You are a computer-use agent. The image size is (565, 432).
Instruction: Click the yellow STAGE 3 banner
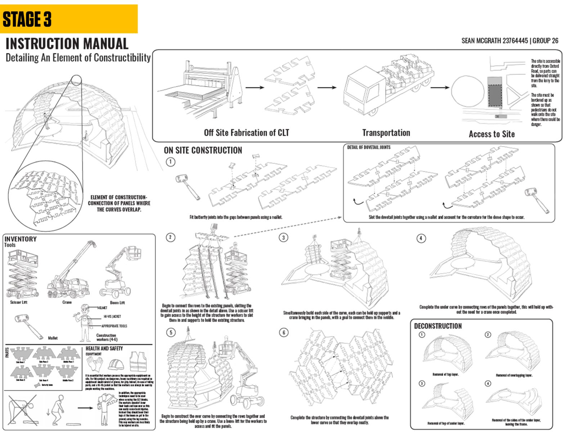click(x=68, y=19)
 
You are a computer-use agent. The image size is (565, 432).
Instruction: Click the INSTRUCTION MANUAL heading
click(x=67, y=44)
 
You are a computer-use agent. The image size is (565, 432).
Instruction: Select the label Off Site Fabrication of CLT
click(x=246, y=133)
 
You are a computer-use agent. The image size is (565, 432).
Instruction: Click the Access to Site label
click(x=492, y=134)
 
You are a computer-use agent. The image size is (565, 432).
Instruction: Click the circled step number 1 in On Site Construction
click(x=170, y=162)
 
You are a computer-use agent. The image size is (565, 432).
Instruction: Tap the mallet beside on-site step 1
click(x=188, y=186)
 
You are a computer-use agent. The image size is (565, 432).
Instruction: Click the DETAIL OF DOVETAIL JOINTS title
click(x=368, y=147)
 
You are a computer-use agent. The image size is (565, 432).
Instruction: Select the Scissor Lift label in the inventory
click(x=19, y=302)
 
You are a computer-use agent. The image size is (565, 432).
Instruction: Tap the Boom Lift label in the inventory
click(x=117, y=302)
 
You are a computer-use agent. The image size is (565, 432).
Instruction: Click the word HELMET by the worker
click(x=102, y=308)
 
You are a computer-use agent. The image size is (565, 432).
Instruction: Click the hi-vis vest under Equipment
click(x=139, y=362)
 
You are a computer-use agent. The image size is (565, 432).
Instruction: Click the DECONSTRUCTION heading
click(x=438, y=326)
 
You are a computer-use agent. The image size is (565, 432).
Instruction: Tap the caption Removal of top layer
click(x=445, y=374)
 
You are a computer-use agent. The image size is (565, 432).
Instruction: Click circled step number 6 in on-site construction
click(x=284, y=332)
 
